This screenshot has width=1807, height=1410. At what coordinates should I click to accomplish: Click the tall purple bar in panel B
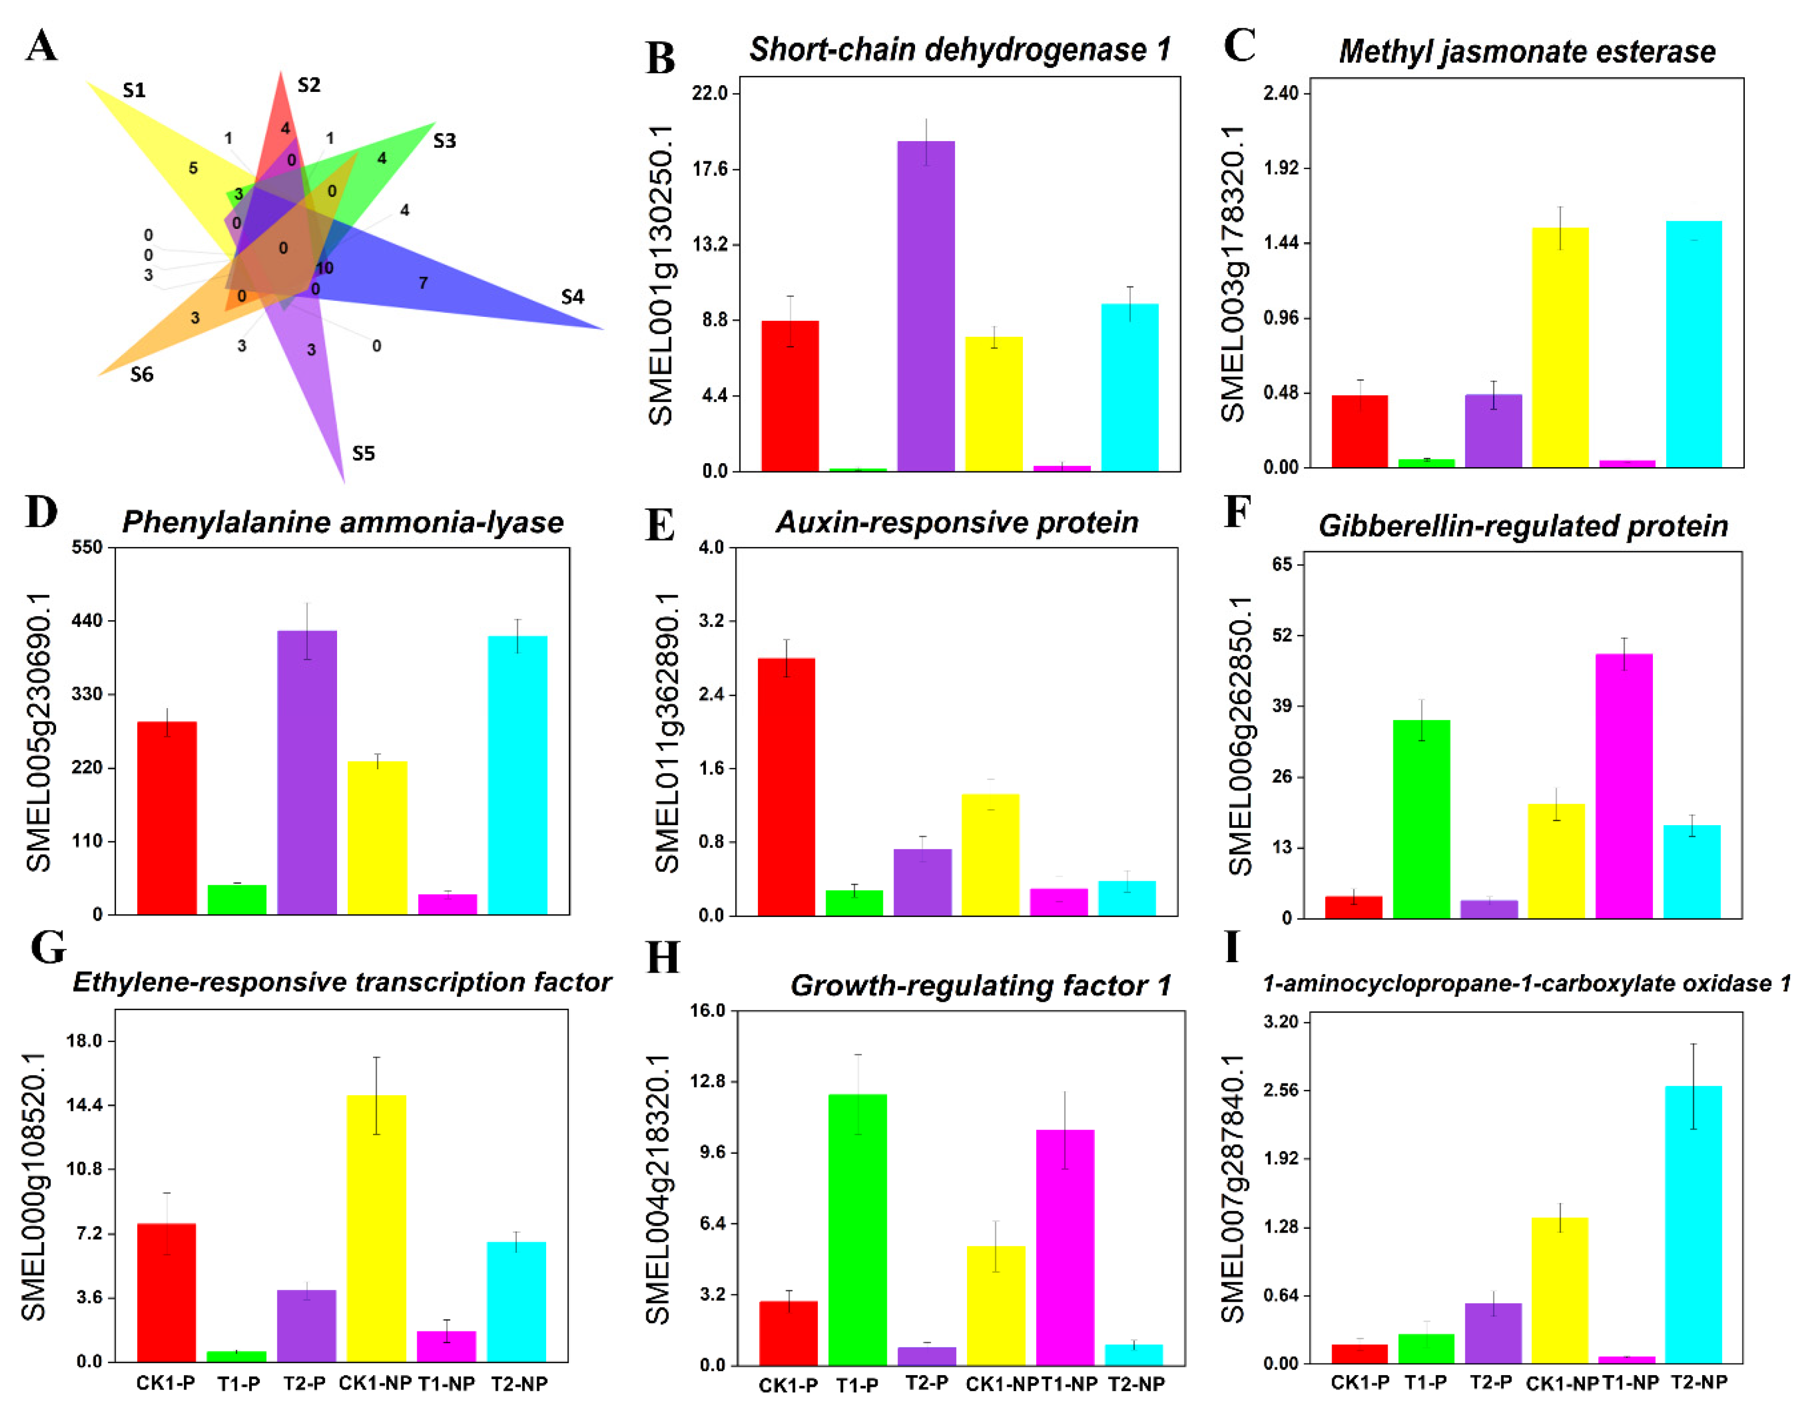[926, 306]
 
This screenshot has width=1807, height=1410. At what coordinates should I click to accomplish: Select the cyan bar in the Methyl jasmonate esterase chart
[1693, 344]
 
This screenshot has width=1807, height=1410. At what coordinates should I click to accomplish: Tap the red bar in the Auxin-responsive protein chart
[786, 787]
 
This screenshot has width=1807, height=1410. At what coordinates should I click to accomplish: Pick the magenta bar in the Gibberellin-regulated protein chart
[1624, 786]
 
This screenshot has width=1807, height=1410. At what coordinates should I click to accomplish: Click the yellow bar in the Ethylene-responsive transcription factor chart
[377, 1228]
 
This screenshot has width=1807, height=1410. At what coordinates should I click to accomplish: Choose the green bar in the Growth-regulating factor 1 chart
[857, 1230]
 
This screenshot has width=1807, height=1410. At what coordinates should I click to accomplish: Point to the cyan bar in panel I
[1693, 1224]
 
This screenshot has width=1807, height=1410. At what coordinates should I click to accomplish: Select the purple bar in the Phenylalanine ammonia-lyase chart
[307, 772]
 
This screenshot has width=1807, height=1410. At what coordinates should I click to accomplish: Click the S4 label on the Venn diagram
[572, 296]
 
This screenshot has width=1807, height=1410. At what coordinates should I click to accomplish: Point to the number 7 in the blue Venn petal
[423, 283]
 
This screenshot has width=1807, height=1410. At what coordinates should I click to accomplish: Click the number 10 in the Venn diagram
[324, 268]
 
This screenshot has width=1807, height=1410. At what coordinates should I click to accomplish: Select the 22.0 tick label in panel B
[710, 92]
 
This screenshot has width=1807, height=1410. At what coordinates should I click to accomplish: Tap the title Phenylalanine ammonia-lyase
[343, 522]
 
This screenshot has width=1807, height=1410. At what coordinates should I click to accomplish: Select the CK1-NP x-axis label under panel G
[375, 1383]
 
